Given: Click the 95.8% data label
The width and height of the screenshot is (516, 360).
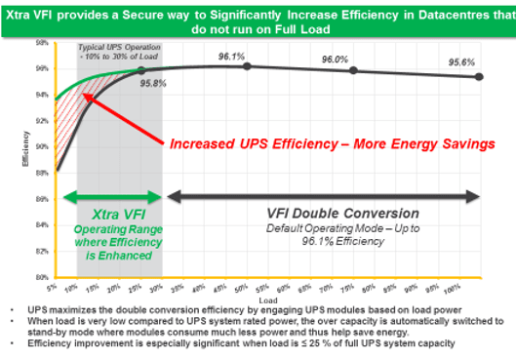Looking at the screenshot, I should (x=154, y=84).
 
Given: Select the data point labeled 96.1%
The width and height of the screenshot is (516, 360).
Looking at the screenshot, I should (x=247, y=66).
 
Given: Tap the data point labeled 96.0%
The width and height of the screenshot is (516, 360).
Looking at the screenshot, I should (x=353, y=70).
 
